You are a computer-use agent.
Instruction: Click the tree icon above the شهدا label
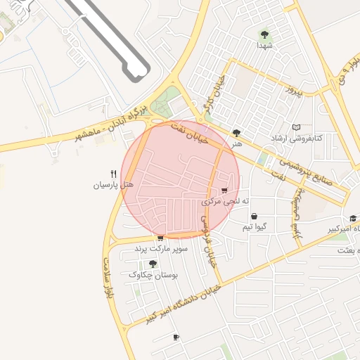pos(264,34)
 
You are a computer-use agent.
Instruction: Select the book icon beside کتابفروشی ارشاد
pos(296,127)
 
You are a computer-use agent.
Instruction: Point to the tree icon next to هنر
pos(236,132)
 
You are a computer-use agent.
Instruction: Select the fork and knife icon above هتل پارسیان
pos(112,174)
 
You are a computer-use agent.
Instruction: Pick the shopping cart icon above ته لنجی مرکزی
pos(224,191)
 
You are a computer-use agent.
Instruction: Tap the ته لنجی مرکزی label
pos(221,201)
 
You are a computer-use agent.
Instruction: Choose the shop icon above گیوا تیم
pos(253,217)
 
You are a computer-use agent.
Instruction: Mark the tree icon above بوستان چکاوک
pos(153,264)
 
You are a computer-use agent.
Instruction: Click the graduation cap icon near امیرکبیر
pos(353,219)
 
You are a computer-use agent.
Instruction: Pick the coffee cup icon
pos(176,337)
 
